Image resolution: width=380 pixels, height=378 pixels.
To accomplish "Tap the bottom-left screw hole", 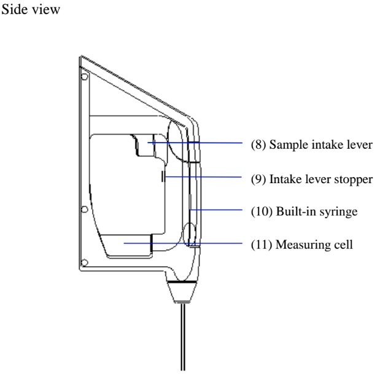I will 84,262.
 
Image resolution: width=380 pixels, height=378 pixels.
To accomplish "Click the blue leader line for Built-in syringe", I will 215,210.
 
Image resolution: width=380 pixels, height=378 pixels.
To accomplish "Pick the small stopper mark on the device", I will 163,176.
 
